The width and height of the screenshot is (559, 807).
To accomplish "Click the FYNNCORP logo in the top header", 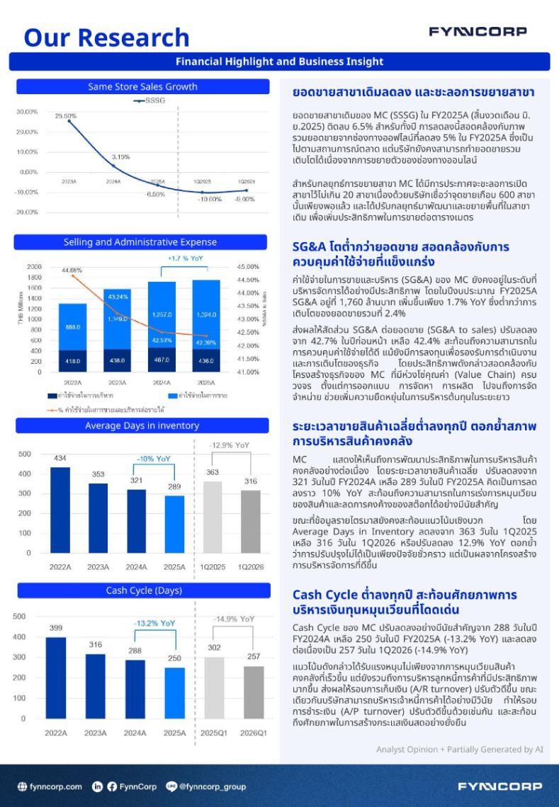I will (478, 31).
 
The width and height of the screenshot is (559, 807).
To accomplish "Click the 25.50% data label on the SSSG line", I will (66, 115).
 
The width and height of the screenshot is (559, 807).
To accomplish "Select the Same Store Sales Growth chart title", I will (142, 87).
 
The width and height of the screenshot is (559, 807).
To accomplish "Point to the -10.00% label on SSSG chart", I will (209, 199).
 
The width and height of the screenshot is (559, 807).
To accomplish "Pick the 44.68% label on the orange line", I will (72, 270).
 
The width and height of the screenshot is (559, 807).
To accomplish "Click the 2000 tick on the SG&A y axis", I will (34, 267).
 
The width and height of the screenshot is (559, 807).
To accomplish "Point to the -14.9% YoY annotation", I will (234, 619).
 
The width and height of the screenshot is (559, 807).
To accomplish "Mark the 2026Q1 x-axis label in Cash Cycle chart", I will (253, 733).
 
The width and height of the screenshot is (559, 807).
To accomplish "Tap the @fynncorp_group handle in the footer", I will (206, 786).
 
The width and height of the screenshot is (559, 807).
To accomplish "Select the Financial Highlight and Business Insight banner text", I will (279, 62).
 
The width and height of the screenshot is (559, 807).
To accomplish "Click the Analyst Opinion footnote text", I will (460, 749).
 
